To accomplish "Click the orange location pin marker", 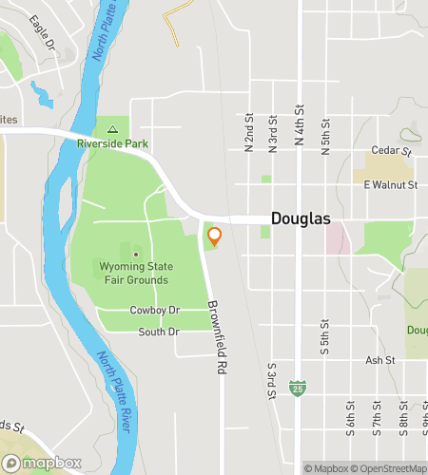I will (x=214, y=237).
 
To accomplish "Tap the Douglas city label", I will (x=301, y=218).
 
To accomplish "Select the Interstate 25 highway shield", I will (x=298, y=389).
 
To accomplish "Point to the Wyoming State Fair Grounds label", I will (x=134, y=274).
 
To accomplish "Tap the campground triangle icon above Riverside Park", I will (x=112, y=128).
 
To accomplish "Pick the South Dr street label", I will (x=158, y=332).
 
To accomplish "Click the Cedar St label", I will (x=391, y=151).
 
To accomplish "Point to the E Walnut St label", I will (x=390, y=184).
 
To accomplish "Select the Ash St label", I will (x=379, y=361).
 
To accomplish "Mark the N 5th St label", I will (x=325, y=127).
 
